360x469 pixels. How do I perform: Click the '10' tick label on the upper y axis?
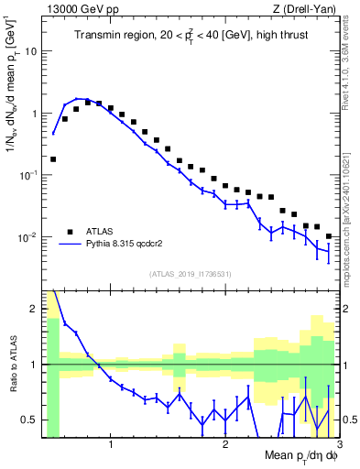(29, 51)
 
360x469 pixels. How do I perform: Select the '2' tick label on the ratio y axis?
(33, 309)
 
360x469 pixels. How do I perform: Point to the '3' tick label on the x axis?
(338, 445)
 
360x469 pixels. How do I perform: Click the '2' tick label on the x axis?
(225, 445)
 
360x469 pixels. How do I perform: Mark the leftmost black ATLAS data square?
(53, 158)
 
